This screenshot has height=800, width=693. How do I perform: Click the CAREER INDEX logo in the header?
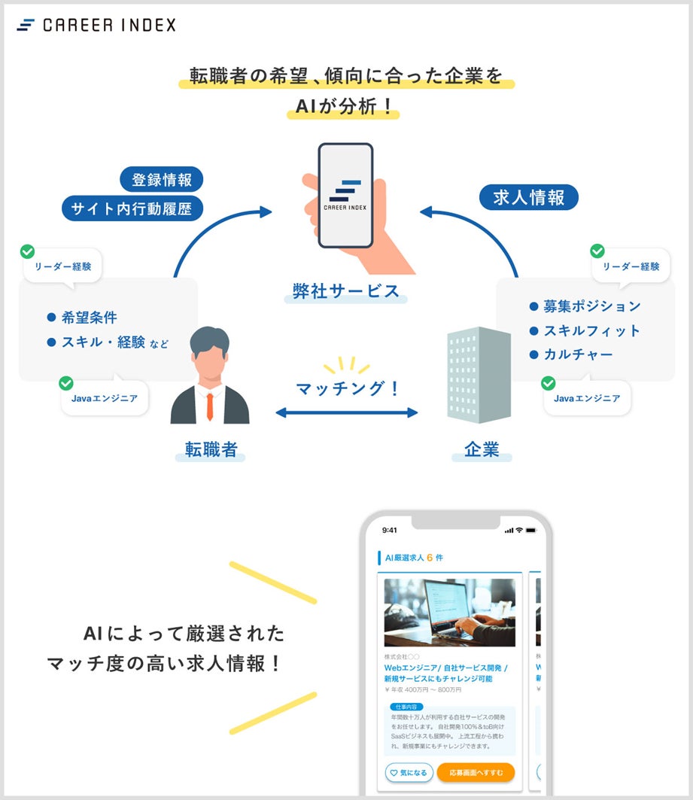tap(96, 25)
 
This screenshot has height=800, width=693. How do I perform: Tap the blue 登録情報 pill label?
tap(162, 180)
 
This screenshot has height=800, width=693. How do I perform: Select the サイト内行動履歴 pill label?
tap(132, 208)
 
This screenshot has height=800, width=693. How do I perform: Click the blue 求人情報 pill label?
tap(528, 197)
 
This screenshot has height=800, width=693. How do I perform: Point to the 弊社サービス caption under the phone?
tap(345, 291)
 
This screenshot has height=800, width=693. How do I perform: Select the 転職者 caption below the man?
tap(211, 450)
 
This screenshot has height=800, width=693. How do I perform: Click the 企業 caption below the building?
tap(482, 450)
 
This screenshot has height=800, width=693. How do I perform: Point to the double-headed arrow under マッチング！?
tap(346, 412)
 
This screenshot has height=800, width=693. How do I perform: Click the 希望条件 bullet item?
tap(89, 318)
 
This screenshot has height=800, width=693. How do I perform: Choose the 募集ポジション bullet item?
tap(591, 306)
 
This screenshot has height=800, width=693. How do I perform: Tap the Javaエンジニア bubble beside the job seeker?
tap(105, 399)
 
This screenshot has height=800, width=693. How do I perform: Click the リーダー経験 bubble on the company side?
tap(631, 266)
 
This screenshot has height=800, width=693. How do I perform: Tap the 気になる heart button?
tap(409, 773)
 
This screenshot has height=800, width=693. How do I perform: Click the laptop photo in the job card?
tap(449, 613)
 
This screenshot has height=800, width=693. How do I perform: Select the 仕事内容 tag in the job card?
tap(406, 707)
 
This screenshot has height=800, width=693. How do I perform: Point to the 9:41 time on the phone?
tap(390, 530)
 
